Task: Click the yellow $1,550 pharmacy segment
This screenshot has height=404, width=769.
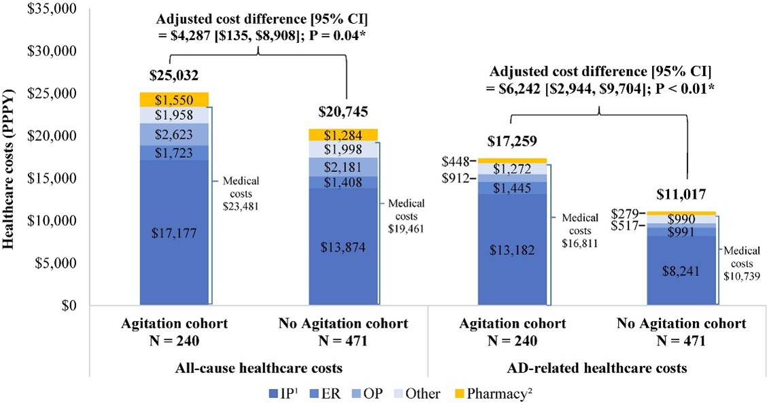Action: click(x=175, y=99)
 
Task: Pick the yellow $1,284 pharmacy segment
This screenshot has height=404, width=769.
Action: click(x=343, y=135)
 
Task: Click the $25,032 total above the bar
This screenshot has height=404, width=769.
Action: click(x=174, y=75)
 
